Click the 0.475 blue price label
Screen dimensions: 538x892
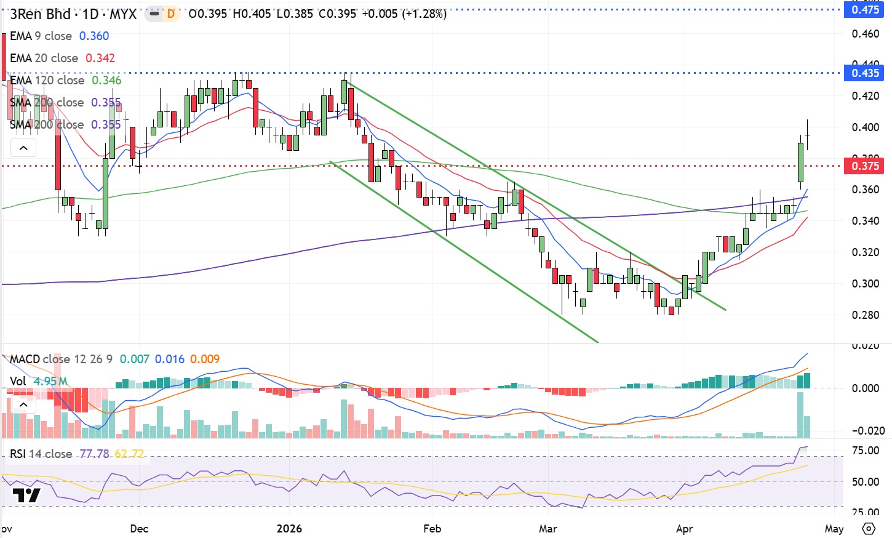pyautogui.click(x=865, y=10)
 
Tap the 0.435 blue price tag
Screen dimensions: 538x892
pyautogui.click(x=865, y=73)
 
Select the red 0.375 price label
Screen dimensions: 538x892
pyautogui.click(x=865, y=166)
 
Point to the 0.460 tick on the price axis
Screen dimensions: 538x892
pyautogui.click(x=865, y=34)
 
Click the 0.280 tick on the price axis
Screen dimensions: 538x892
pyautogui.click(x=865, y=315)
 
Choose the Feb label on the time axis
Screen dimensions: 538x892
pyautogui.click(x=432, y=529)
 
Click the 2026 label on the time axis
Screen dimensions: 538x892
pyautogui.click(x=289, y=529)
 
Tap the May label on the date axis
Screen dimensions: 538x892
pyautogui.click(x=834, y=529)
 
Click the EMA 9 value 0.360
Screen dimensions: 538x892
pyautogui.click(x=94, y=36)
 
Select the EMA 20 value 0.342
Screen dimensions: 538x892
pyautogui.click(x=100, y=58)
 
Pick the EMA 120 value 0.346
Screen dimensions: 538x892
pyautogui.click(x=106, y=81)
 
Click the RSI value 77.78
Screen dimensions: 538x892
pyautogui.click(x=94, y=454)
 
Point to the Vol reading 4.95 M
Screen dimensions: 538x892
pyautogui.click(x=50, y=382)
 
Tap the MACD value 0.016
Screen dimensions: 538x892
pyautogui.click(x=169, y=359)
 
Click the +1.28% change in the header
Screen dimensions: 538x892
pyautogui.click(x=424, y=14)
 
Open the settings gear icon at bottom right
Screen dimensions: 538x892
pyautogui.click(x=869, y=529)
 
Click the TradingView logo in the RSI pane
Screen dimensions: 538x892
pyautogui.click(x=26, y=496)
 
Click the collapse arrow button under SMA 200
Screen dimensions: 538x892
pyautogui.click(x=23, y=148)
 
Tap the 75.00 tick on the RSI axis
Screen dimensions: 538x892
pyautogui.click(x=865, y=451)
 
